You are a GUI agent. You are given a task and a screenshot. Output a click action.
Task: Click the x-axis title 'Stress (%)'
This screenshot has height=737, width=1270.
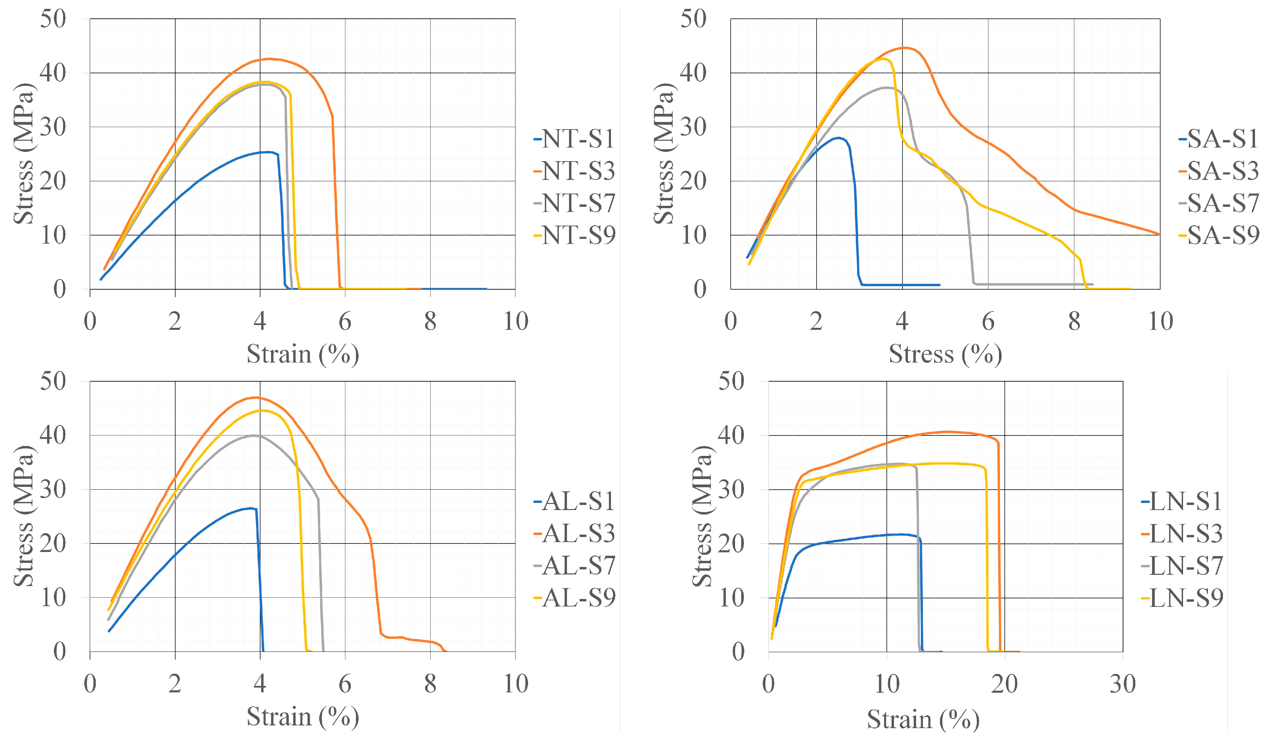pos(945,354)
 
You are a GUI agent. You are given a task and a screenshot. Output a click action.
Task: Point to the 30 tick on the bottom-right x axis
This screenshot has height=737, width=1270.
pos(1122,684)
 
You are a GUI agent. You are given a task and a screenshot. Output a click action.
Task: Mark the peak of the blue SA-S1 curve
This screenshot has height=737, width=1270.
pos(838,138)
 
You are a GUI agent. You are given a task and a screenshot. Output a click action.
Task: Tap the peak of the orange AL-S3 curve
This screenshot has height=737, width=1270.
pos(256,398)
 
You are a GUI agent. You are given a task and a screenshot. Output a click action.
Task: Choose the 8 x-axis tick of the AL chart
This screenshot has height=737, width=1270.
pos(430,684)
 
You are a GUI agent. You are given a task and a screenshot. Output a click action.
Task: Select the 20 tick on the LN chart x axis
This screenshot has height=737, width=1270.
pos(1004,684)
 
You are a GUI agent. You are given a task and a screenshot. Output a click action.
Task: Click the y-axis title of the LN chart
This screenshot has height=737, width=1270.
pos(702,516)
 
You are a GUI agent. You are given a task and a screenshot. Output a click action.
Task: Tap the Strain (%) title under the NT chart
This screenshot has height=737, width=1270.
pos(302,354)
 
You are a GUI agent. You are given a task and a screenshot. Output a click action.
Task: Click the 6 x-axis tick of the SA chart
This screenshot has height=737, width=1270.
pos(988,321)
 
